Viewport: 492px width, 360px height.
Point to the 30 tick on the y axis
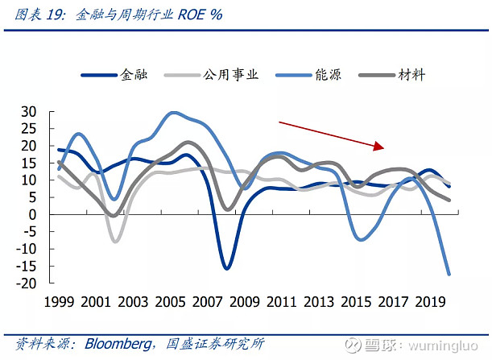pos(28,111)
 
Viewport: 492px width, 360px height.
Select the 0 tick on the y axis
pos(33,215)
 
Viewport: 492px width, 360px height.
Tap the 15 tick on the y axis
pos(28,163)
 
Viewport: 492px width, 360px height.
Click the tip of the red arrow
pos(383,148)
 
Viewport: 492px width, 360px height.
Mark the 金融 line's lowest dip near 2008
pos(227,269)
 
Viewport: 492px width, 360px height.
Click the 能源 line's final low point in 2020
pos(449,275)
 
